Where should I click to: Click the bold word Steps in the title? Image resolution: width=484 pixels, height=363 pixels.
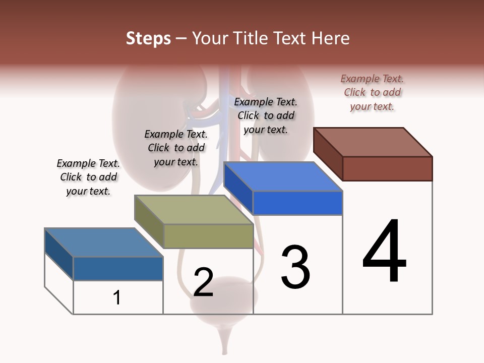click(148, 38)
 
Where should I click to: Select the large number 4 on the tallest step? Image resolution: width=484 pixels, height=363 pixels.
click(384, 252)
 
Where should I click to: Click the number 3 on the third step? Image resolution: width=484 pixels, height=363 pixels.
click(295, 267)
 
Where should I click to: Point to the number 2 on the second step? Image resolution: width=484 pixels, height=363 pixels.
click(204, 282)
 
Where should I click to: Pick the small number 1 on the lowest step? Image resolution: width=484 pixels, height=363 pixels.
click(117, 298)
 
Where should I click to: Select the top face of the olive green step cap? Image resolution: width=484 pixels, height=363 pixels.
click(194, 210)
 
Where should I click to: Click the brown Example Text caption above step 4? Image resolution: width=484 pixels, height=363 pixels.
click(372, 93)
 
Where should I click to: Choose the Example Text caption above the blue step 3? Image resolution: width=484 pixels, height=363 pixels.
click(266, 115)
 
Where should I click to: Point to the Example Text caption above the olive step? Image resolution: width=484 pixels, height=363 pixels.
click(176, 148)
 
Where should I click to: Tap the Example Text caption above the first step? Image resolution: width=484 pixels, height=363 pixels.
click(88, 177)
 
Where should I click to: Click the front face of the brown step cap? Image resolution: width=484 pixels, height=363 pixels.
click(387, 168)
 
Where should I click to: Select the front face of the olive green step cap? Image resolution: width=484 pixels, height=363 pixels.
click(208, 236)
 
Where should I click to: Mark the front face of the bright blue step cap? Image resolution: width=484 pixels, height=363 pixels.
click(297, 203)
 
